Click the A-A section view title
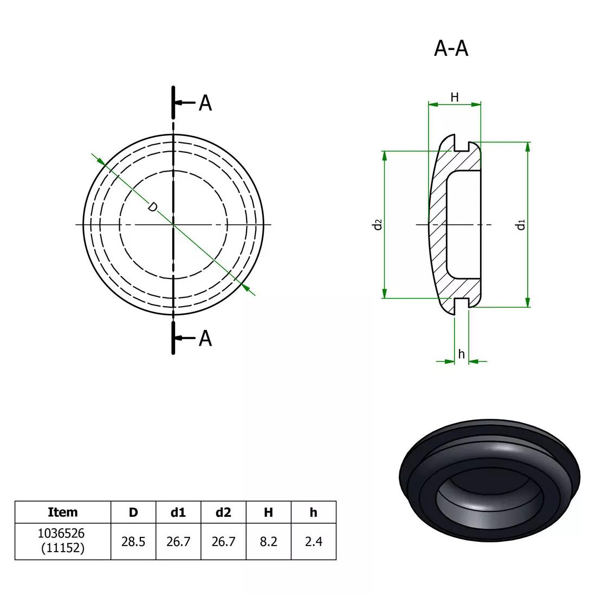(x=451, y=49)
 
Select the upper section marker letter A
(x=205, y=102)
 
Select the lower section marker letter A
(x=205, y=338)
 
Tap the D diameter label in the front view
(x=153, y=207)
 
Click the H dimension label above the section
(x=455, y=97)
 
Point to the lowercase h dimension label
(x=461, y=354)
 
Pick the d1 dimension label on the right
(x=521, y=224)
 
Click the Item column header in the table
(x=63, y=512)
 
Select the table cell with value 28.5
(x=133, y=541)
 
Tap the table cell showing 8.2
(x=268, y=541)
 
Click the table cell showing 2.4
(x=313, y=541)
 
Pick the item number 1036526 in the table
(x=61, y=534)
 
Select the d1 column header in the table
(x=178, y=512)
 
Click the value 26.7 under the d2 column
(x=223, y=541)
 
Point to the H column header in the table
(x=268, y=512)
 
